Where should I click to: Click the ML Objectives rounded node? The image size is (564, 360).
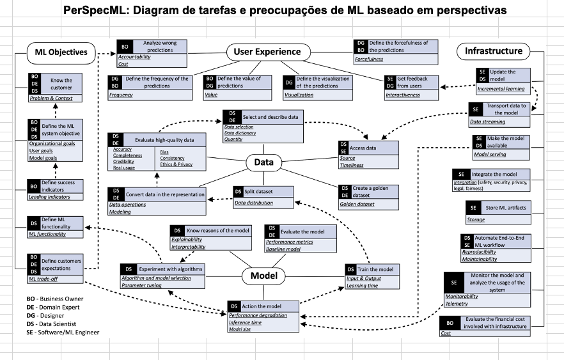tap(61, 52)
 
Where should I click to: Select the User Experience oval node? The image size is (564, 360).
tap(267, 52)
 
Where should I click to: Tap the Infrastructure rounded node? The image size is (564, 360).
tap(494, 51)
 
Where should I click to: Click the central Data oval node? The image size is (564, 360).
tap(263, 162)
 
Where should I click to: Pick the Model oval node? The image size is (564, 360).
tap(263, 276)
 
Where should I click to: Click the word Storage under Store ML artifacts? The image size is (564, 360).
tap(476, 219)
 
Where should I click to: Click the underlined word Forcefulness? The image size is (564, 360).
tap(369, 59)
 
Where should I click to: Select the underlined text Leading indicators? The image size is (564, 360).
tap(49, 197)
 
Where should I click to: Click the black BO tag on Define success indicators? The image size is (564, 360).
tap(34, 186)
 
